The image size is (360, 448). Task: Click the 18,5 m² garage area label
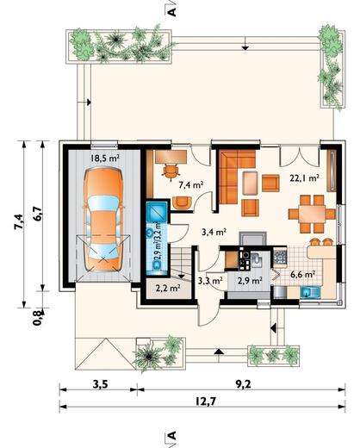pyautogui.click(x=105, y=158)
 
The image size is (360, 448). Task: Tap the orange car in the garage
pyautogui.click(x=103, y=220)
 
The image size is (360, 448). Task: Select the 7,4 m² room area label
pyautogui.click(x=191, y=184)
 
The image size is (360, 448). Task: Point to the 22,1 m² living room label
pyautogui.click(x=305, y=178)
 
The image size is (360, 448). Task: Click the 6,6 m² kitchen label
pyautogui.click(x=303, y=275)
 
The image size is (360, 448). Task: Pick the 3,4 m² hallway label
pyautogui.click(x=214, y=232)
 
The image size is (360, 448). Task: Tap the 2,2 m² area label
pyautogui.click(x=168, y=288)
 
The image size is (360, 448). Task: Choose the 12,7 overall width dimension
pyautogui.click(x=205, y=401)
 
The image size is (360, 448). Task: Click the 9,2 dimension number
pyautogui.click(x=244, y=384)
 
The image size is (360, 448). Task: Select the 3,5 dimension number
pyautogui.click(x=100, y=384)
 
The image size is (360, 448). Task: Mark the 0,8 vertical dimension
pyautogui.click(x=37, y=318)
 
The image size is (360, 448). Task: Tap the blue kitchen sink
pyautogui.click(x=311, y=292)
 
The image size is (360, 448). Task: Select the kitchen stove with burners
pyautogui.click(x=280, y=258)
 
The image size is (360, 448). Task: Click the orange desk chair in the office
pyautogui.click(x=171, y=171)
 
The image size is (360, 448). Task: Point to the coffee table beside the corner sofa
pyautogui.click(x=251, y=183)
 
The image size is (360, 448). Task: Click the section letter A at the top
pyautogui.click(x=171, y=12)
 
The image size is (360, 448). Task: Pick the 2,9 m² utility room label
pyautogui.click(x=250, y=280)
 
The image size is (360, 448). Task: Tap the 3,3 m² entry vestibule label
pyautogui.click(x=210, y=280)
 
